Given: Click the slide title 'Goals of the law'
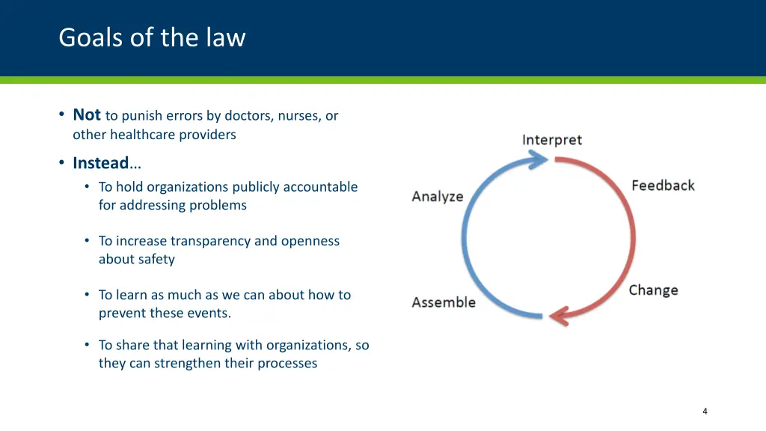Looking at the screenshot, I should click(152, 37).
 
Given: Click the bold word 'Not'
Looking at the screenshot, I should click(87, 114).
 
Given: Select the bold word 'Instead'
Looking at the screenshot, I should click(100, 162).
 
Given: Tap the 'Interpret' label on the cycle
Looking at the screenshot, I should click(551, 140).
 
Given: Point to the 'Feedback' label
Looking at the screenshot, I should click(663, 186).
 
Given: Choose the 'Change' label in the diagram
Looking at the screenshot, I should click(653, 290).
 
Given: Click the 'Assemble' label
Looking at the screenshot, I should click(444, 302).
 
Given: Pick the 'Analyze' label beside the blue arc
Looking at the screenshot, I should click(438, 197).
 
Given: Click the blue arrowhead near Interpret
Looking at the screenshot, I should click(541, 159).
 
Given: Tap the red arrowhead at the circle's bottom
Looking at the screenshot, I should click(559, 316).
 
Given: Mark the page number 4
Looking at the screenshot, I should click(705, 411).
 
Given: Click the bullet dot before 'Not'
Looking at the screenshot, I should click(61, 115).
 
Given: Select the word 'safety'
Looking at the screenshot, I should click(156, 260).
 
